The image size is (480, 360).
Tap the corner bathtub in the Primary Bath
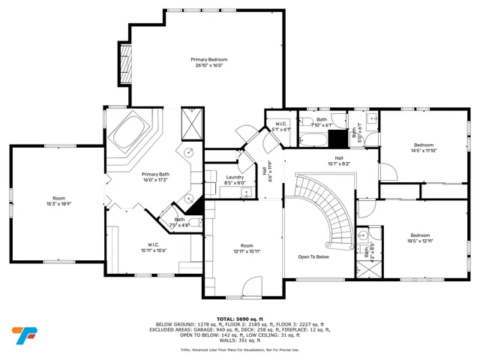132,135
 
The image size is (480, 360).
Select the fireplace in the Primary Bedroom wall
125,69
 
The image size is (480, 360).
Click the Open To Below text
313,256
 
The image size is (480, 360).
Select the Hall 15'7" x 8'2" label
339,161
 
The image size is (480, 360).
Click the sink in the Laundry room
246,193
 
